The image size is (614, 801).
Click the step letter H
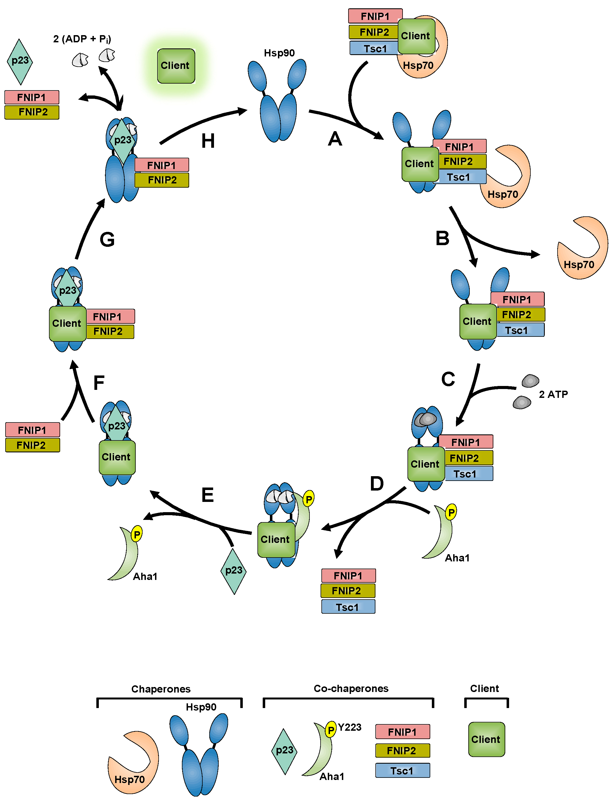(x=208, y=141)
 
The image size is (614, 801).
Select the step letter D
(x=377, y=484)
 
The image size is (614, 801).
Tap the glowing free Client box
(x=176, y=66)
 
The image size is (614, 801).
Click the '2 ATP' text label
(x=553, y=395)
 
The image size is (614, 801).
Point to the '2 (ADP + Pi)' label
(x=82, y=39)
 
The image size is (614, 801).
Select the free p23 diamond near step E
(x=234, y=571)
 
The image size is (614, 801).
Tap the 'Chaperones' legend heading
(x=161, y=689)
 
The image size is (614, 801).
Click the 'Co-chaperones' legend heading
(x=351, y=688)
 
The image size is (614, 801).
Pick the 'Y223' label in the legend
(x=349, y=727)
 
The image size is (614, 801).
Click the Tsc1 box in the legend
(x=403, y=771)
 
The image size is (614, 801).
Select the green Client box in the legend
(x=486, y=739)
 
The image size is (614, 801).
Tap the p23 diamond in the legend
(x=284, y=751)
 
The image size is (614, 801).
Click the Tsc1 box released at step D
(x=348, y=607)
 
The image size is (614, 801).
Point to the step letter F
(x=99, y=383)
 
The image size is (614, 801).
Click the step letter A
(x=335, y=139)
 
